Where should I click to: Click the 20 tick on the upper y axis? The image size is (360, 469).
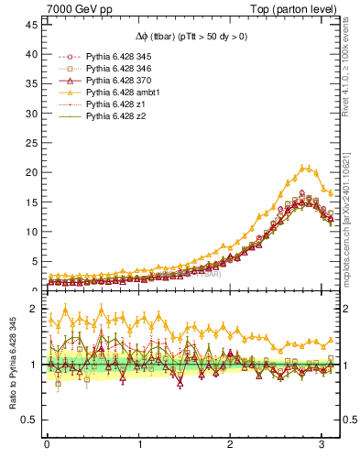point(30,172)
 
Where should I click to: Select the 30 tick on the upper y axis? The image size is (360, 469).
point(30,114)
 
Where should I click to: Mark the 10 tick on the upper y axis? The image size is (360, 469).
point(30,232)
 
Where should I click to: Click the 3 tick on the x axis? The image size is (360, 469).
point(323,445)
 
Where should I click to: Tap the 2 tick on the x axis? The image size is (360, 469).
point(231,445)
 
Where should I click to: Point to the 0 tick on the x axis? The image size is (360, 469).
point(47,445)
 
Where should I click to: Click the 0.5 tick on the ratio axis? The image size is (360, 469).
point(27,420)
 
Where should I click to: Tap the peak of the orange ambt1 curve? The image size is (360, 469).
point(304,168)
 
